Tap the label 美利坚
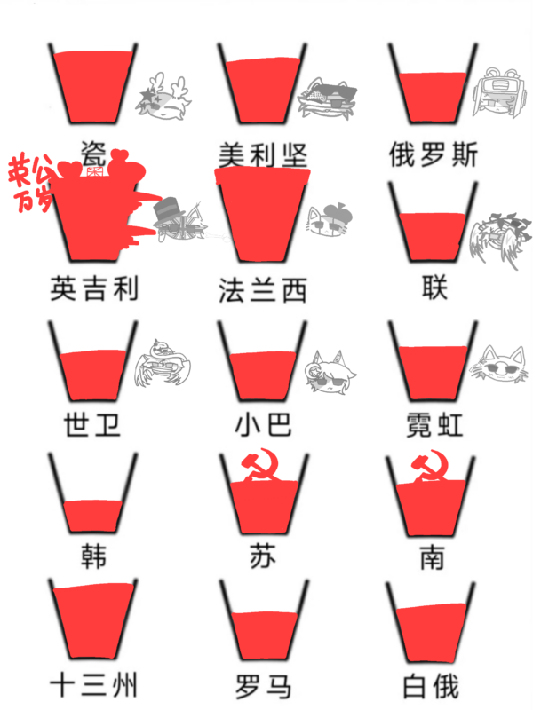click(263, 154)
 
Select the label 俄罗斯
click(434, 154)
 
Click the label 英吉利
click(95, 289)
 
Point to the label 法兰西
click(263, 289)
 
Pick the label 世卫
click(92, 424)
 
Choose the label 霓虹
click(434, 424)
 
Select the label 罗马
click(263, 686)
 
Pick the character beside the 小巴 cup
click(333, 373)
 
